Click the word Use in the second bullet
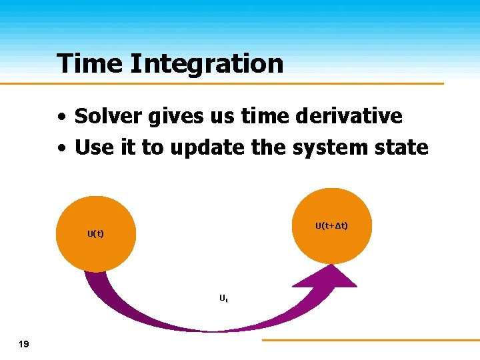[x=93, y=147]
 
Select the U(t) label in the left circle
[x=95, y=233]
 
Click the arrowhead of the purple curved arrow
[x=327, y=277]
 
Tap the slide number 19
[x=24, y=344]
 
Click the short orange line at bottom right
[x=370, y=340]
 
